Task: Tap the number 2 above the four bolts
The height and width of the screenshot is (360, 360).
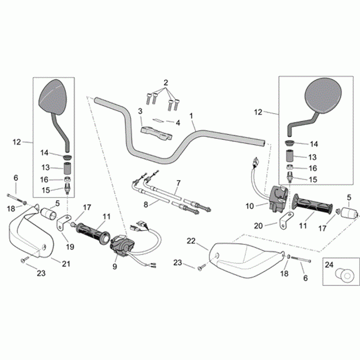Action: point(166,83)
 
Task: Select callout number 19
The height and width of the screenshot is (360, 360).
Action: point(70,246)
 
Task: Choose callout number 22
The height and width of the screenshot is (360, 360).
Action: point(191,241)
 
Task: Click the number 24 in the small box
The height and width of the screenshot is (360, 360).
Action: point(331,267)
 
